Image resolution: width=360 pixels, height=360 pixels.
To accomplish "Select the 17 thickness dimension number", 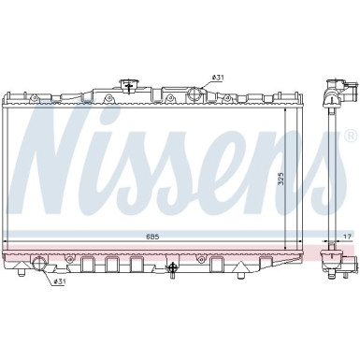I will click(x=345, y=237).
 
